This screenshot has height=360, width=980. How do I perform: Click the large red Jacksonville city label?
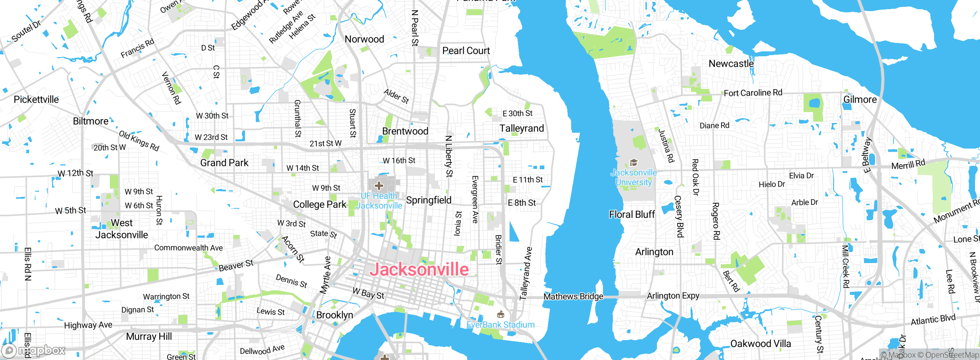click(x=419, y=269)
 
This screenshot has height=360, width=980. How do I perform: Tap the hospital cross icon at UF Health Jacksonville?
click(x=379, y=186)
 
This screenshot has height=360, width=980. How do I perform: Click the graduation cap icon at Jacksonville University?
click(x=634, y=163)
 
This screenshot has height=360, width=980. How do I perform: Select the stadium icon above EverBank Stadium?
click(x=500, y=315)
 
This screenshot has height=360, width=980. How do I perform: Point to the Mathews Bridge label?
click(x=573, y=296)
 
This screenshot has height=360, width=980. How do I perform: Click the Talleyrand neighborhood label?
click(x=521, y=128)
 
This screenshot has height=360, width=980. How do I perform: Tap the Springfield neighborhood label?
click(x=428, y=200)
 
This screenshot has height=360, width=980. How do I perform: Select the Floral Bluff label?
click(x=632, y=214)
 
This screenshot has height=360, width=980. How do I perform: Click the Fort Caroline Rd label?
click(x=753, y=93)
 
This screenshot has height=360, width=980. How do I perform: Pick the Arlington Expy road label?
click(x=673, y=296)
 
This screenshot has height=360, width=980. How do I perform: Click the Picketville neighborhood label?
click(x=36, y=100)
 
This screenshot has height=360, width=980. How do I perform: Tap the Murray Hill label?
click(x=149, y=336)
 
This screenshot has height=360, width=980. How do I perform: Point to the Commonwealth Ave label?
click(x=188, y=248)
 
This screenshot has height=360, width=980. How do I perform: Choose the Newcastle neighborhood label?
click(x=731, y=64)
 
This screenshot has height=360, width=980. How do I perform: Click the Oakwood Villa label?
click(x=760, y=344)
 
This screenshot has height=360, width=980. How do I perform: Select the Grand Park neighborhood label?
click(x=224, y=163)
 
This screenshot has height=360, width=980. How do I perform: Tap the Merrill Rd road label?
click(x=908, y=165)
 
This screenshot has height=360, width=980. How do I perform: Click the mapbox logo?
click(x=34, y=350)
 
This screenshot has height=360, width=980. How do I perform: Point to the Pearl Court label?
click(x=466, y=51)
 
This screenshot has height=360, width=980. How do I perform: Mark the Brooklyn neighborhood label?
click(x=335, y=315)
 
